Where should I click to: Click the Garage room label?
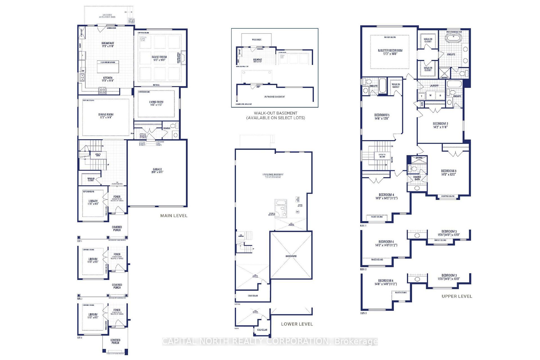(157, 171)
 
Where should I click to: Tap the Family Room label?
(159, 58)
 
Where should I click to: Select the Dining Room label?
(106, 116)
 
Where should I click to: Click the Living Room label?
(156, 103)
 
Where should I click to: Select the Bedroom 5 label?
(382, 117)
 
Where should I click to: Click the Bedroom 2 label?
(440, 125)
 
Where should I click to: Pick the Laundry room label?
(434, 85)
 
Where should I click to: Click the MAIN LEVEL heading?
(174, 216)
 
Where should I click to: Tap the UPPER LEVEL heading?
(457, 296)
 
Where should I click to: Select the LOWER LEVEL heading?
(297, 324)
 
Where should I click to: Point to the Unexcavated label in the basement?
(291, 256)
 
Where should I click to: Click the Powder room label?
(166, 128)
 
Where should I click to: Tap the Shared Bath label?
(417, 178)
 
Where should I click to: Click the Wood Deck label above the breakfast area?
(106, 16)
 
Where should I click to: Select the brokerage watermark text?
(270, 341)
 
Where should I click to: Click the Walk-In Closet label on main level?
(91, 179)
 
